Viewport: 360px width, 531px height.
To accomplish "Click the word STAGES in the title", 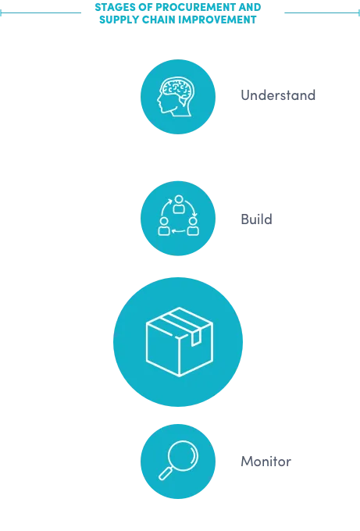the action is click(115, 7).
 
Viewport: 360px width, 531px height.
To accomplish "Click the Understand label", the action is click(278, 95).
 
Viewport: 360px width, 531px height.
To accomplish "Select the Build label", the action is click(256, 219).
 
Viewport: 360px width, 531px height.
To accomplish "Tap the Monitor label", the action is click(266, 462).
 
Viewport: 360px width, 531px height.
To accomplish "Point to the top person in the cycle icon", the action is click(179, 205).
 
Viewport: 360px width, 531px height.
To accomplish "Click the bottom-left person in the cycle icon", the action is click(164, 226).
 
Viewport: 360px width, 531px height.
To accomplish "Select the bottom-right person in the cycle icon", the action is click(193, 226).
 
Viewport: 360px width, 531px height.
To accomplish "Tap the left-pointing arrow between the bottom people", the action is click(179, 232).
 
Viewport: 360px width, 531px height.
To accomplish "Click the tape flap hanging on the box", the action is click(196, 338).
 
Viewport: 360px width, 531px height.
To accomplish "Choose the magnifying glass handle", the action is click(166, 473).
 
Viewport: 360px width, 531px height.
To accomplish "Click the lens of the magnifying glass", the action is click(184, 455).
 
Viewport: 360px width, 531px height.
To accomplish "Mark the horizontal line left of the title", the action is click(41, 12).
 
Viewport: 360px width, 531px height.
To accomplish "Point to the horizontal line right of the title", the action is click(322, 12).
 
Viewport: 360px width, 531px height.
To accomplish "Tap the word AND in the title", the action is click(250, 7).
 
